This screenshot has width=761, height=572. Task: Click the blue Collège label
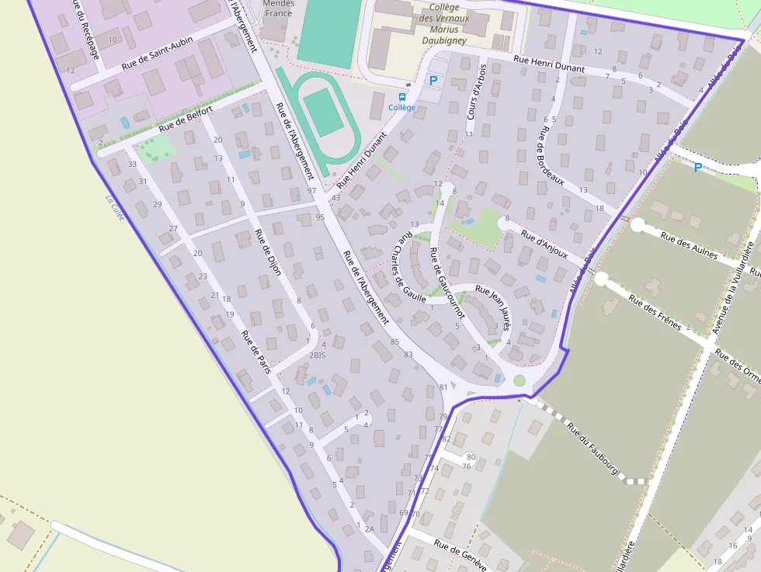(x=401, y=107)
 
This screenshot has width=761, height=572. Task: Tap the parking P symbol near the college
(x=433, y=80)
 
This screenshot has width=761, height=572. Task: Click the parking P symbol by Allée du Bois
(x=697, y=168)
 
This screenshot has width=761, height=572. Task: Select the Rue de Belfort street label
(x=186, y=120)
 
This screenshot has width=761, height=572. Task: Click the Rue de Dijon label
(x=267, y=253)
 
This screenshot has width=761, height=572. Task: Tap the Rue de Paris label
(x=255, y=352)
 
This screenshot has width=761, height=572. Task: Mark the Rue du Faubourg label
(x=592, y=448)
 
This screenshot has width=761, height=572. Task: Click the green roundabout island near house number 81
(x=519, y=380)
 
